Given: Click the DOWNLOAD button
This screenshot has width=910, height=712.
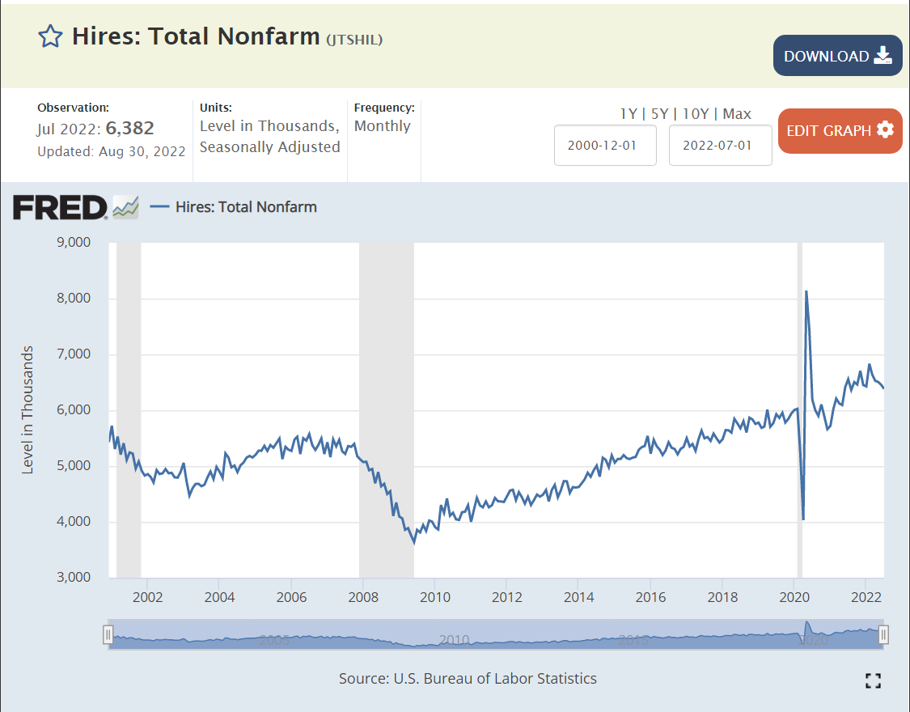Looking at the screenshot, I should click(837, 56).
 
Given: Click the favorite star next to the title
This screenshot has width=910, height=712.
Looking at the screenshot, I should click(50, 36).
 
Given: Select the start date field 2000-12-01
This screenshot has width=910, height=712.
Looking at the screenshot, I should click(604, 146).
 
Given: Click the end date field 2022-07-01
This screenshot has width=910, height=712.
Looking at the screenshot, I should click(720, 146).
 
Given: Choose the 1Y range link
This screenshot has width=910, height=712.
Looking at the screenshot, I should click(629, 114).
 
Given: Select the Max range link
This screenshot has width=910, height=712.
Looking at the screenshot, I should click(737, 114).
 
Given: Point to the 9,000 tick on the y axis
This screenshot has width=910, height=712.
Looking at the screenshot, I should click(73, 243).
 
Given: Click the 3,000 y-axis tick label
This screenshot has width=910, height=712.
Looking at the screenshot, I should click(73, 578).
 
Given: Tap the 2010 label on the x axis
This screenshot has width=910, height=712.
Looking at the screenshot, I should click(434, 598).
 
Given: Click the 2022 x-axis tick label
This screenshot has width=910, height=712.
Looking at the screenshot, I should click(866, 598).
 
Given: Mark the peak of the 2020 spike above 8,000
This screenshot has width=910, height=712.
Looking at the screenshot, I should click(806, 291).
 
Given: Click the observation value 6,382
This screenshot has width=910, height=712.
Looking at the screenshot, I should click(129, 128).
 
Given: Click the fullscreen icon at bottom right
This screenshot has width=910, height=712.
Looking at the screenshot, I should click(873, 680).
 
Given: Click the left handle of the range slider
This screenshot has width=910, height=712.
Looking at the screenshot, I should click(108, 634).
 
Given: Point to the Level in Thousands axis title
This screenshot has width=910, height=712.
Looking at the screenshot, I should click(28, 409).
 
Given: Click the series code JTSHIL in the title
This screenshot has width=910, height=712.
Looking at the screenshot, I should click(354, 39).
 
